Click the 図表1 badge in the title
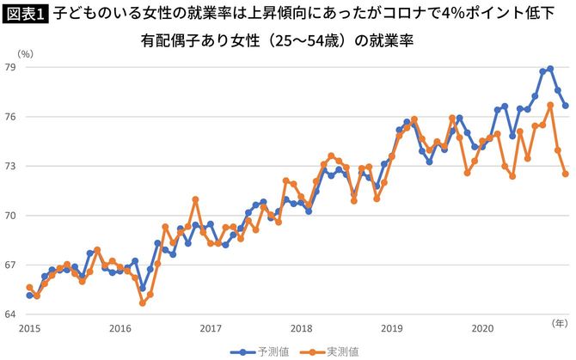[26, 13]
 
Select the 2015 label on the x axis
[30, 328]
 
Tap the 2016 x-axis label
[120, 328]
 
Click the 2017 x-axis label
[211, 328]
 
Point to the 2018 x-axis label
[301, 328]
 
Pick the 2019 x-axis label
[391, 328]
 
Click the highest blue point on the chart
[550, 69]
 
